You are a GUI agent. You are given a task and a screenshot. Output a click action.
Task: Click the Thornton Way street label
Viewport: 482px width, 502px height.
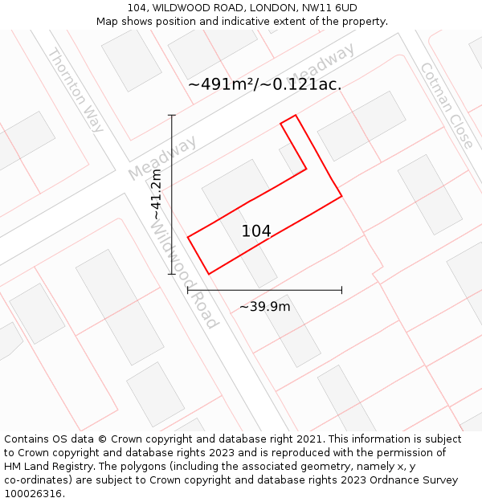(x=76, y=90)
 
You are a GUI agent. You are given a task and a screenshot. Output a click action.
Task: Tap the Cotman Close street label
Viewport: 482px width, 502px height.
(x=447, y=105)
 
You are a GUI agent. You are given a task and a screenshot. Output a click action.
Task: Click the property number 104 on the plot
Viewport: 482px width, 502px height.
(x=256, y=231)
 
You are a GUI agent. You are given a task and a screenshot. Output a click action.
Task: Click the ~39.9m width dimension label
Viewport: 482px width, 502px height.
(x=265, y=307)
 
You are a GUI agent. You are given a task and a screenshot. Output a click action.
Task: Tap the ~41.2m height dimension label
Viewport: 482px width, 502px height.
(x=157, y=194)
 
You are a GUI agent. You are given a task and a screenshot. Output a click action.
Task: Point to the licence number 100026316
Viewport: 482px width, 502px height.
(x=33, y=494)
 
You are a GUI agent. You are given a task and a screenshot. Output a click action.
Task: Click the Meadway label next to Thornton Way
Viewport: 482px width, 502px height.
(x=162, y=158)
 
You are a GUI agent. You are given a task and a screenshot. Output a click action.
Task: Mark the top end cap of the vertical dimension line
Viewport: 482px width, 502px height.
(x=172, y=116)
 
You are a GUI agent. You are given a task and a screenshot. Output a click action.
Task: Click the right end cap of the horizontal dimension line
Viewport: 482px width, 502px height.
(x=341, y=290)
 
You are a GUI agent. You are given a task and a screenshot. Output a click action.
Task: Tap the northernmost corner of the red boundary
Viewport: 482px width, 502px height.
(x=296, y=116)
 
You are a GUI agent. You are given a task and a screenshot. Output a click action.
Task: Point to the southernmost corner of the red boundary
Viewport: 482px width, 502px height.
(x=209, y=274)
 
